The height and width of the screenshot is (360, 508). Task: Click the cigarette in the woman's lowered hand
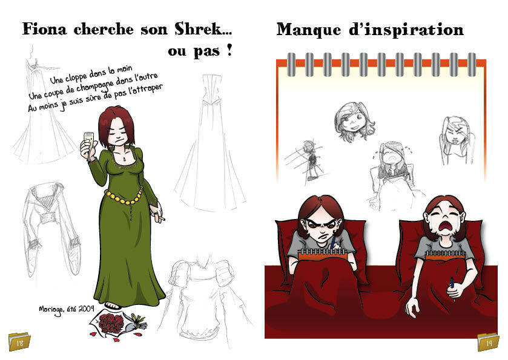click(x=160, y=218)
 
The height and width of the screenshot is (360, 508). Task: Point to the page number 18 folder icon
click(x=19, y=342)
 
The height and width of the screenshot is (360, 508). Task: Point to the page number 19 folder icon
click(x=488, y=342)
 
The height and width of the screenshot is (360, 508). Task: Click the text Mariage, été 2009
click(x=67, y=310)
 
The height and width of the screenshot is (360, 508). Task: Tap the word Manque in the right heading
click(x=308, y=30)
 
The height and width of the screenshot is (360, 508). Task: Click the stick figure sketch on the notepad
click(x=308, y=160)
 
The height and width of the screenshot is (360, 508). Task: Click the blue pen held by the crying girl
click(x=452, y=285)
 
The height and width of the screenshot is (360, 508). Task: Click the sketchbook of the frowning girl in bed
click(x=322, y=254)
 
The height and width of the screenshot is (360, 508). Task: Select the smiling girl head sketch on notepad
click(x=354, y=122)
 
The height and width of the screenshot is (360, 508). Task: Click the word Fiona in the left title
click(x=45, y=29)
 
